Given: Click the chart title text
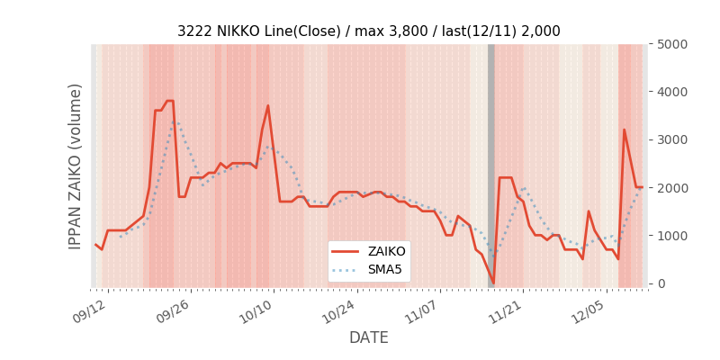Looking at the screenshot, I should point(368,31).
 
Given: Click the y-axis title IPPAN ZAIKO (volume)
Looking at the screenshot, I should point(76,166).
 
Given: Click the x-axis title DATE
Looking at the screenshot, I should point(368,337).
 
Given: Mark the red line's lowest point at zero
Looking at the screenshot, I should point(492,283).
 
